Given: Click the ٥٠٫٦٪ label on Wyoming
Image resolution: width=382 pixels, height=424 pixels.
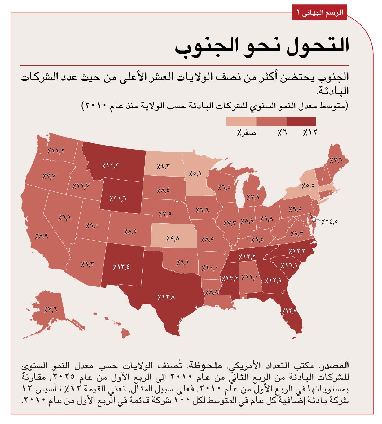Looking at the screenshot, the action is click(118, 198).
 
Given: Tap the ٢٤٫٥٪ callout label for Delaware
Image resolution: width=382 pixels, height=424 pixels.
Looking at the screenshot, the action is click(329, 221).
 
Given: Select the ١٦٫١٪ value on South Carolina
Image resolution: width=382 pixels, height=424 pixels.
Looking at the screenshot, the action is click(289, 265).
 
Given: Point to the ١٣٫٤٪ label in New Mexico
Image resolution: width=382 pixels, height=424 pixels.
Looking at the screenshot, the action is click(121, 267).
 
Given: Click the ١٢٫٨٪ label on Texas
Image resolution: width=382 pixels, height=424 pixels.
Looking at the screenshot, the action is click(166, 297).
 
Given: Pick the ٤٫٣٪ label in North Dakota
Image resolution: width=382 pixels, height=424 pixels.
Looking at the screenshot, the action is click(163, 166).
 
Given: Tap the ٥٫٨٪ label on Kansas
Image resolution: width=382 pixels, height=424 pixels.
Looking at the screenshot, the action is click(173, 238).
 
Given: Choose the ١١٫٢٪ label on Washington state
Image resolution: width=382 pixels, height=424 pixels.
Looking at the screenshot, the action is click(56, 151).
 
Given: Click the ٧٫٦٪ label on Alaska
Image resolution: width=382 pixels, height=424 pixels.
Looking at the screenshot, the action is click(50, 309).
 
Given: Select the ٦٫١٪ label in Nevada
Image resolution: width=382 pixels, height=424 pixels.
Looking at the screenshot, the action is click(64, 217).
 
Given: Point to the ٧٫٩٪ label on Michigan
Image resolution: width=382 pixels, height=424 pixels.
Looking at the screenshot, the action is click(253, 197).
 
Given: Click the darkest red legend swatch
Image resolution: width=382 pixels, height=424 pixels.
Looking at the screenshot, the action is click(301, 121).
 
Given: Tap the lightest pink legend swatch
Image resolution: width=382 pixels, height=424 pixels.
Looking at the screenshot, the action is click(241, 121).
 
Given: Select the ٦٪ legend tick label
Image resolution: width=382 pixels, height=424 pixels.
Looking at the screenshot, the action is click(282, 133).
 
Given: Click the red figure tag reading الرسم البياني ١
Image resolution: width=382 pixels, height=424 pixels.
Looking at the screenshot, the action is click(319, 13).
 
